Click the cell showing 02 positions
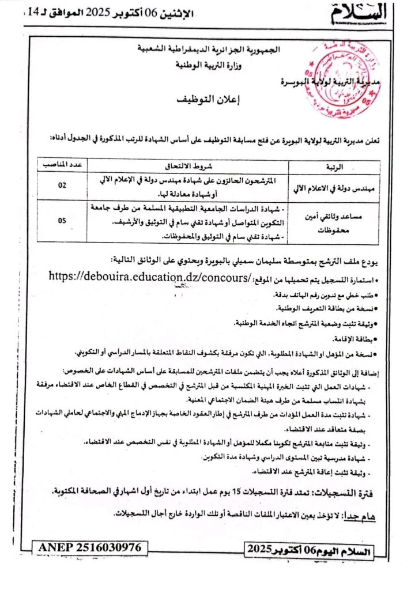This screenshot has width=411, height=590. (x=62, y=186)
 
